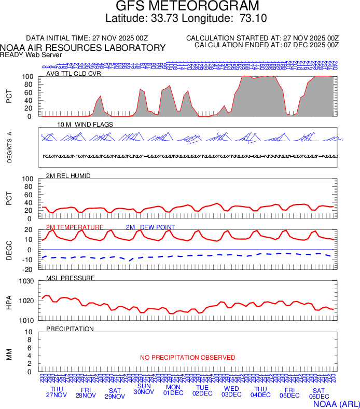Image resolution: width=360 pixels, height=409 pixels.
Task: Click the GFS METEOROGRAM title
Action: [x=180, y=7]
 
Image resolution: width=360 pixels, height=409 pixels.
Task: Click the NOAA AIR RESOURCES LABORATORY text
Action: [x=83, y=48]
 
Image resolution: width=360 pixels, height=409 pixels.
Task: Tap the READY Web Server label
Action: [x=31, y=54]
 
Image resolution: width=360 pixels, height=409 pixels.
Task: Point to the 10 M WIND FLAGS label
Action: [x=85, y=125]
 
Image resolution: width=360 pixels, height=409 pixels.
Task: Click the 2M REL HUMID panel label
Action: [x=68, y=176]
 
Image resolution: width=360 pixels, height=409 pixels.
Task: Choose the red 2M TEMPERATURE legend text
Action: [x=75, y=227]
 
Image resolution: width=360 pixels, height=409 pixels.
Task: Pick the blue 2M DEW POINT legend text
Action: [x=150, y=227]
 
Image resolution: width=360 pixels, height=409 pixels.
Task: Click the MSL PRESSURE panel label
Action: [x=71, y=278]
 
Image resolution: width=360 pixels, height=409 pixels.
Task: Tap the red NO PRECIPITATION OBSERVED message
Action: [x=187, y=358]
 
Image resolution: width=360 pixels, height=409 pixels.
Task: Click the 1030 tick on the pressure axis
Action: [x=26, y=281]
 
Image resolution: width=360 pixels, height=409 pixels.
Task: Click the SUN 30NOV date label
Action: [x=144, y=389]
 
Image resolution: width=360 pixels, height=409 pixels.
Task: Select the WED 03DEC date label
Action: [x=231, y=391]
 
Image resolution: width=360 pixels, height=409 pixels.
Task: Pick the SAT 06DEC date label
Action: [x=319, y=393]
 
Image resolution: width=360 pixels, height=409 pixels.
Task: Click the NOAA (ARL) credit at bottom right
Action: [x=336, y=403]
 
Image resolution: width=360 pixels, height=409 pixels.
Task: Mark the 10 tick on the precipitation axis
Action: [x=29, y=332]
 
